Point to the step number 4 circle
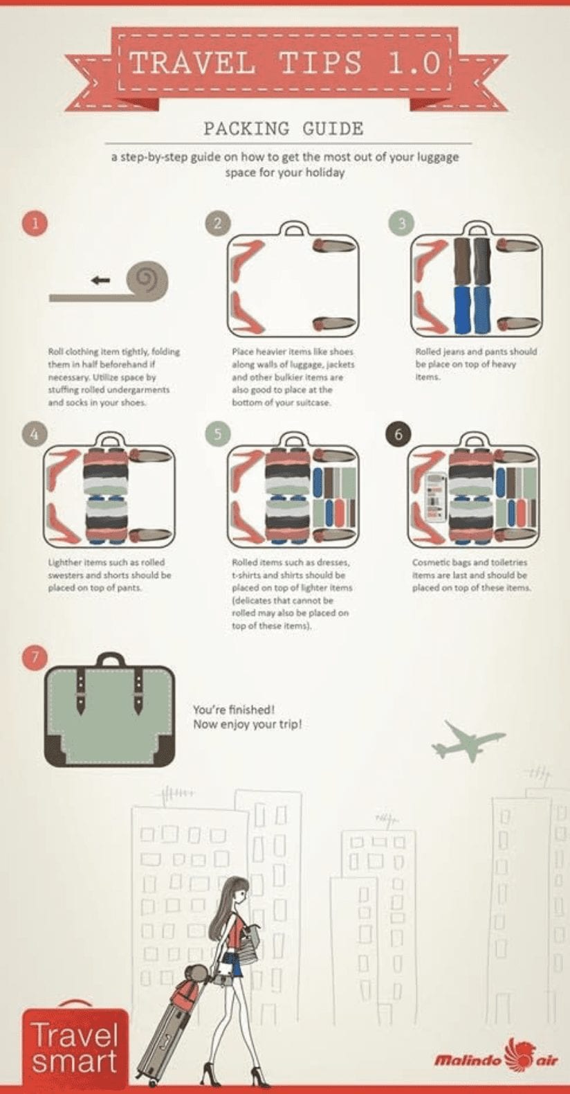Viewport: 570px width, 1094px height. [34, 433]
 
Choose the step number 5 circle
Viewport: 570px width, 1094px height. [218, 433]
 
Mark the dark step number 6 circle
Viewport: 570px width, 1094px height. [398, 433]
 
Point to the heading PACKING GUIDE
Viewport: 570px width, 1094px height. [284, 129]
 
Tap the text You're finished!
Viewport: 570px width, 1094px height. [235, 710]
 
